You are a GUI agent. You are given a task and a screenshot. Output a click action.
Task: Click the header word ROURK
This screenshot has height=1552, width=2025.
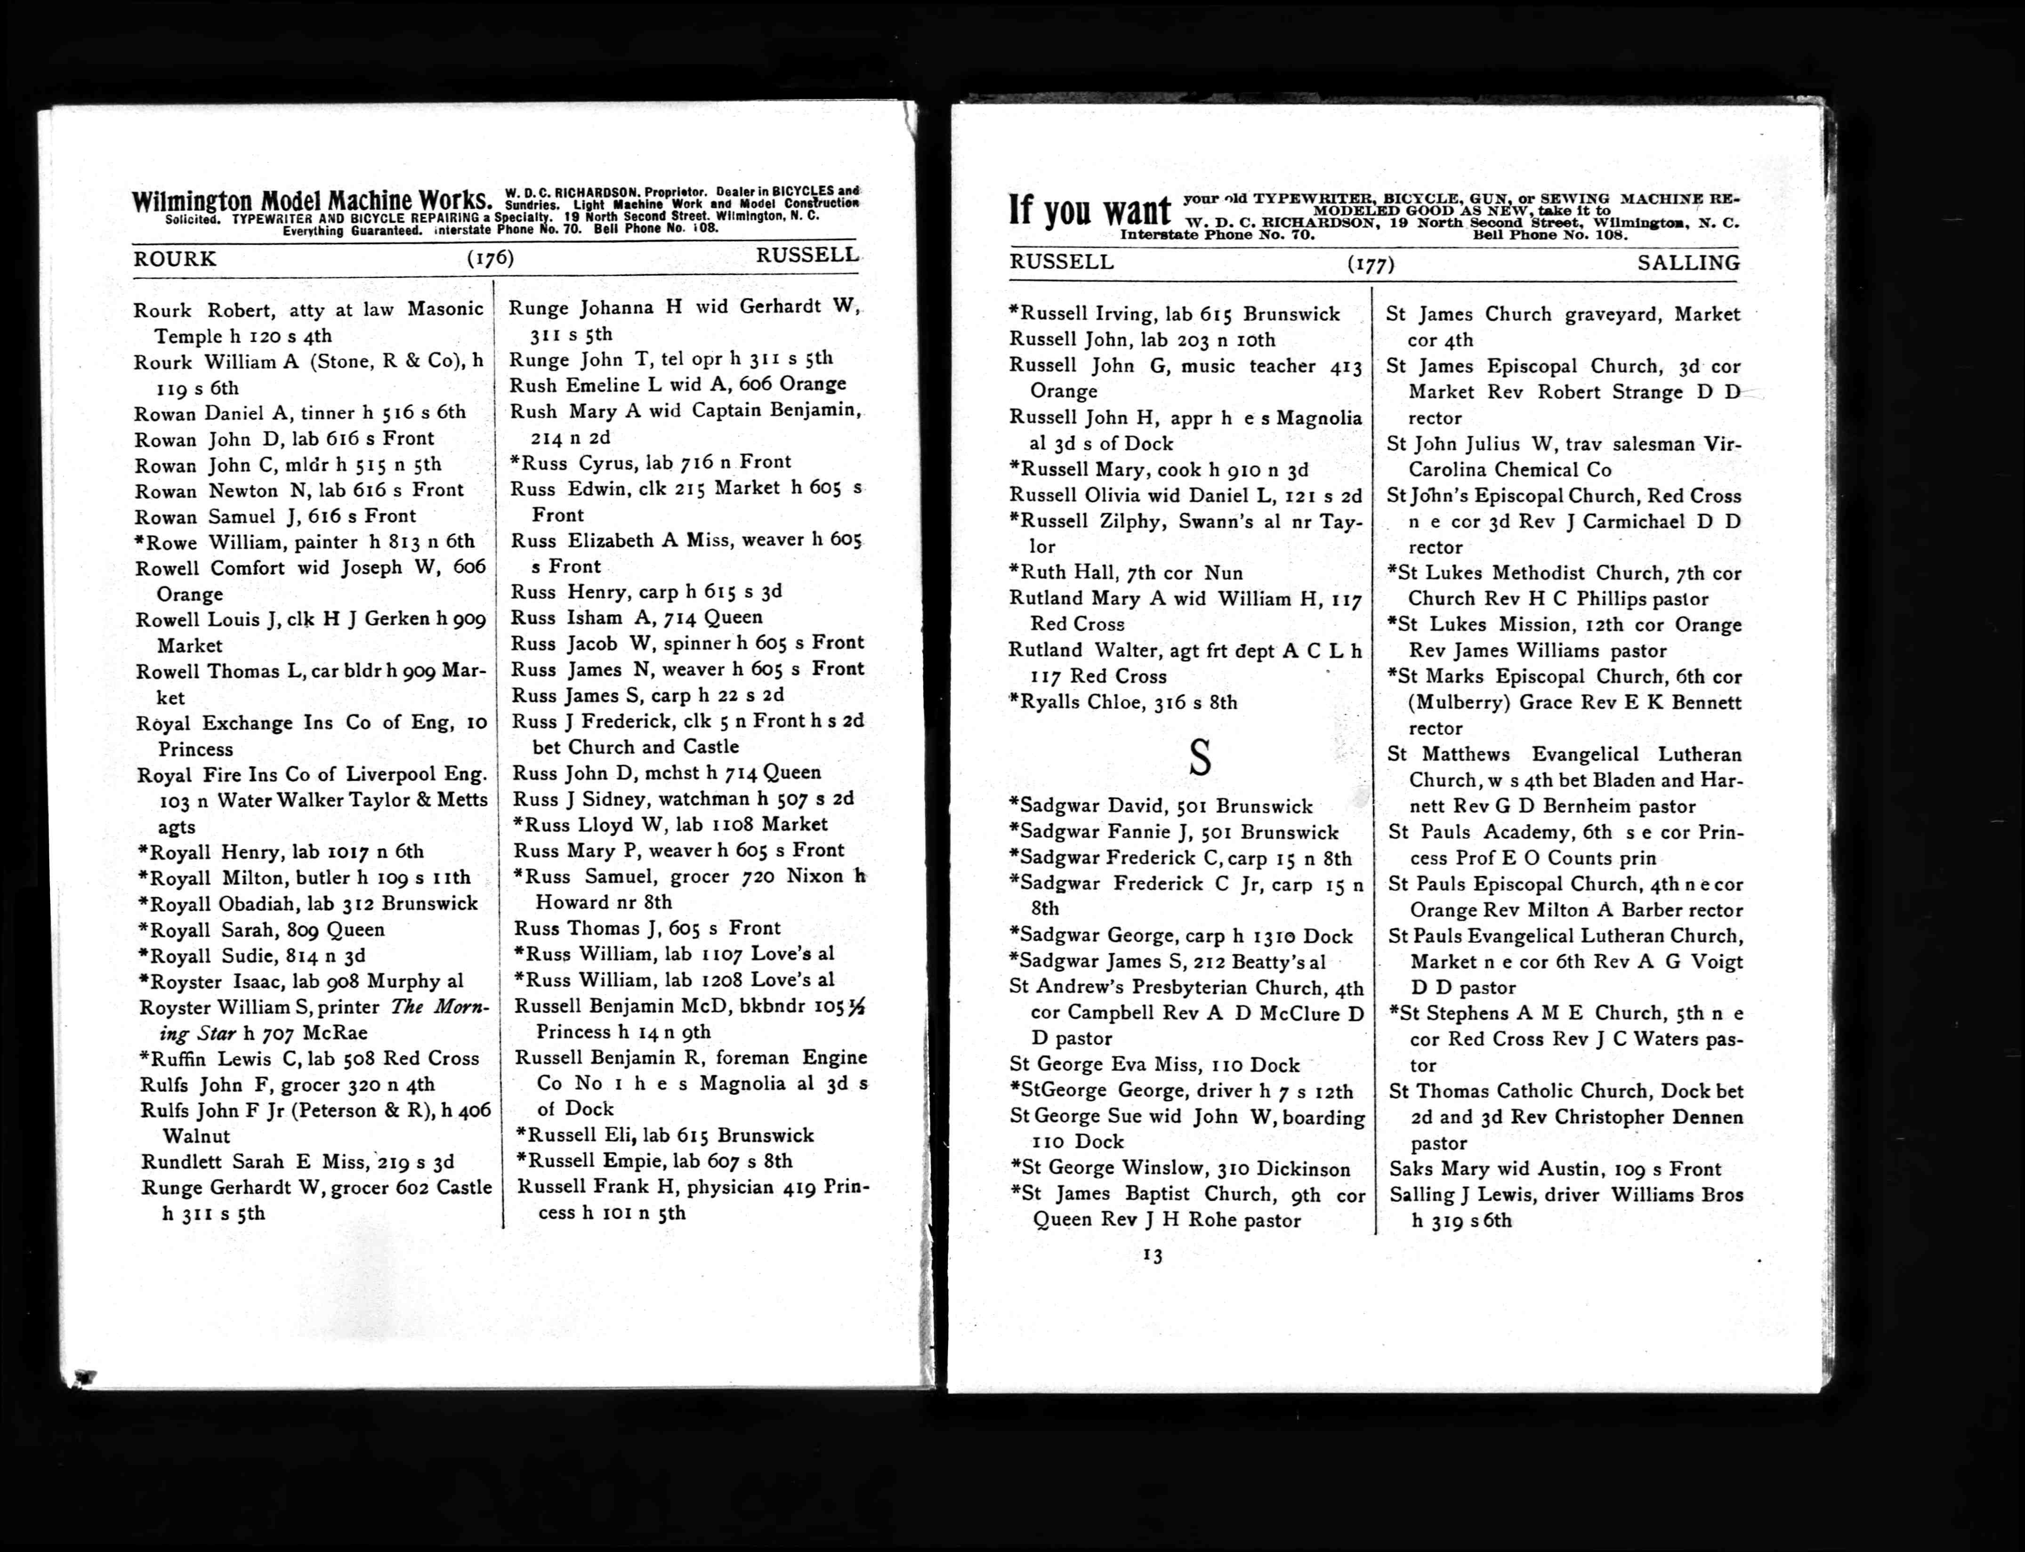(x=175, y=259)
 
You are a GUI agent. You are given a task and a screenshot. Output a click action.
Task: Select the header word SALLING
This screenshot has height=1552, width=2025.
(x=1689, y=263)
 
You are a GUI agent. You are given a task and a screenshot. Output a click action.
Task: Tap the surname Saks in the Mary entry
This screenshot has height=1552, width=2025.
(x=1411, y=1169)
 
